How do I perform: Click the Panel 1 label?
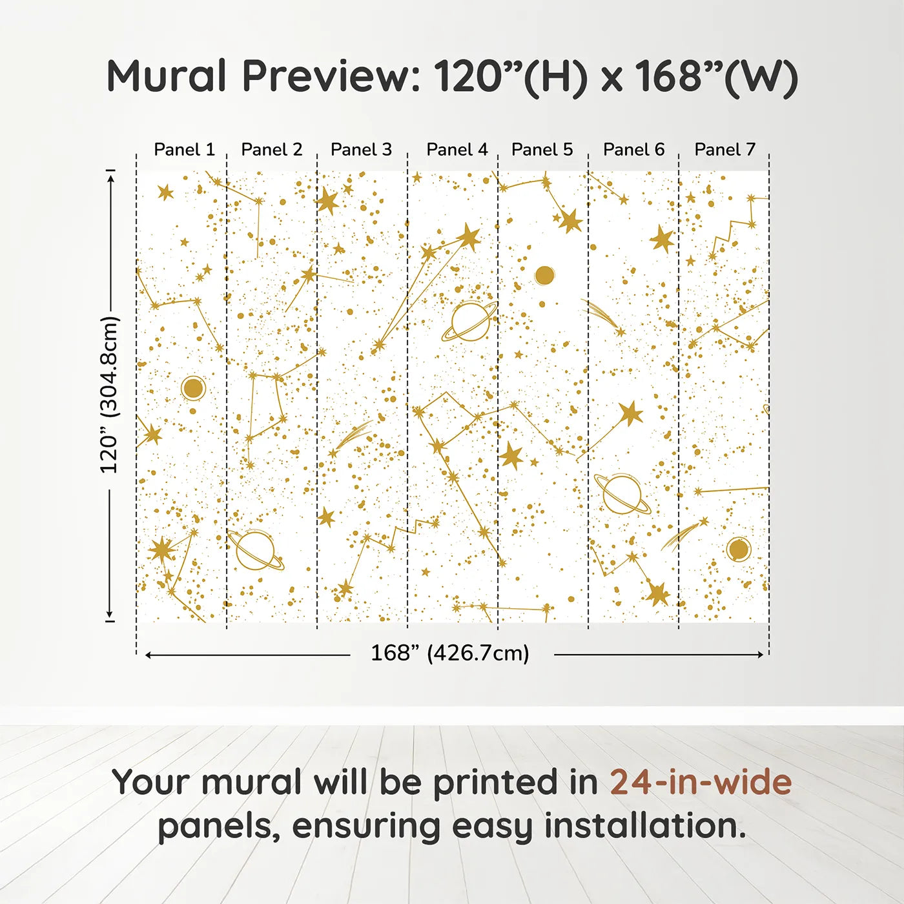pyautogui.click(x=184, y=150)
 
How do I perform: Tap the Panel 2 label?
pyautogui.click(x=271, y=150)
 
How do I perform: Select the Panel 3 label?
pyautogui.click(x=361, y=150)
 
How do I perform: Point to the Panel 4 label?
pyautogui.click(x=457, y=150)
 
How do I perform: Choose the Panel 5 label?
pyautogui.click(x=542, y=150)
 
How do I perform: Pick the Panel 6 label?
pyautogui.click(x=633, y=150)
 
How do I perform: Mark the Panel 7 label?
pyautogui.click(x=724, y=150)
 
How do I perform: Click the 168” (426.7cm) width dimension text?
pyautogui.click(x=449, y=653)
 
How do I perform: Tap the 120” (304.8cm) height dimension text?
pyautogui.click(x=109, y=395)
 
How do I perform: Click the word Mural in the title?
pyautogui.click(x=167, y=76)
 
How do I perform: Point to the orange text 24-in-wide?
pyautogui.click(x=701, y=782)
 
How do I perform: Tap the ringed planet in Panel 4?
pyautogui.click(x=470, y=321)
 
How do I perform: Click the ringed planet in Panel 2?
pyautogui.click(x=255, y=550)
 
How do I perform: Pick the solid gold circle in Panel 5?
pyautogui.click(x=544, y=276)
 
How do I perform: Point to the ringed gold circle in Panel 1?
pyautogui.click(x=193, y=389)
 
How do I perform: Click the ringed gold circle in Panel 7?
pyautogui.click(x=738, y=550)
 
